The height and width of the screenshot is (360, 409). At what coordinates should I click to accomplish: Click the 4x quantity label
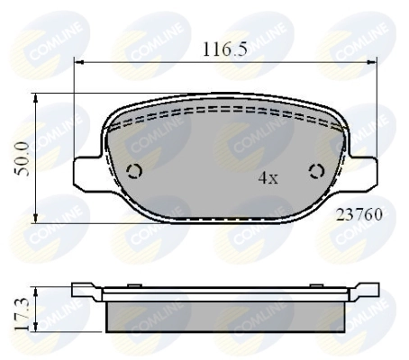point(268,178)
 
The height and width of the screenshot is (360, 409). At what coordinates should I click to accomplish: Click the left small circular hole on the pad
point(135,173)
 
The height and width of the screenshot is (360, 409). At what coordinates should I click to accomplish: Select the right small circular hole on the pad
point(316,173)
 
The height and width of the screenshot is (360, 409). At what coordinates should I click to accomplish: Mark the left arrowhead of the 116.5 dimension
point(77,62)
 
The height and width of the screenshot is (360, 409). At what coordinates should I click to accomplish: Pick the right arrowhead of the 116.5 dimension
point(374,62)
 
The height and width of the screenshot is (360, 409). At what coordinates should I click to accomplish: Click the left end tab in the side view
point(86,290)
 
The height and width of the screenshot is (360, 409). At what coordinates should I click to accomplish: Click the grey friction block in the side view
point(225,315)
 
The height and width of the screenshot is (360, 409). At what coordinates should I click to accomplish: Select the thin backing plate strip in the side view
point(225,294)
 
